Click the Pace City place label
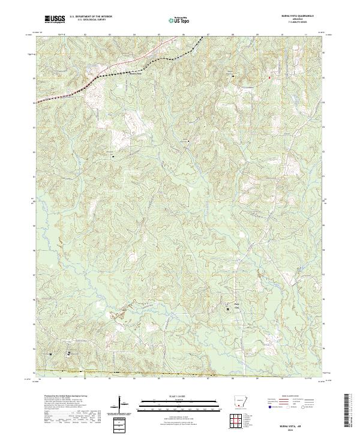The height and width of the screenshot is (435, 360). [236, 304]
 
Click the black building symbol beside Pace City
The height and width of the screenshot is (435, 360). [227, 310]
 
